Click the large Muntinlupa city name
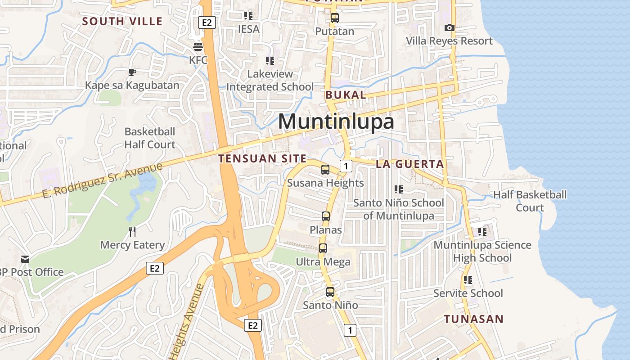pyautogui.click(x=336, y=121)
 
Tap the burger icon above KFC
pyautogui.click(x=198, y=46)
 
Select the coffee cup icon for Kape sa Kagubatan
pyautogui.click(x=132, y=72)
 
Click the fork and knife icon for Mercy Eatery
pyautogui.click(x=132, y=232)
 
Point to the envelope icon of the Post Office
pyautogui.click(x=25, y=259)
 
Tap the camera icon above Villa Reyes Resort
pyautogui.click(x=449, y=28)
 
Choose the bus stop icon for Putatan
pyautogui.click(x=334, y=18)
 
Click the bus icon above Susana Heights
pyautogui.click(x=325, y=170)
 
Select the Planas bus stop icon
pyautogui.click(x=326, y=216)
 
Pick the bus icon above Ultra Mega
pyautogui.click(x=323, y=248)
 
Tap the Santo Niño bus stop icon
pyautogui.click(x=330, y=292)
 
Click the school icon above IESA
pyautogui.click(x=248, y=16)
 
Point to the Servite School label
pyautogui.click(x=468, y=293)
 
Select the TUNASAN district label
pyautogui.click(x=474, y=319)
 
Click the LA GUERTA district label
pyautogui.click(x=410, y=164)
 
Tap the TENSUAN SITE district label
pyautogui.click(x=262, y=158)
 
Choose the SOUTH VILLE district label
pyautogui.click(x=122, y=21)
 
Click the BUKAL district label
pyautogui.click(x=346, y=95)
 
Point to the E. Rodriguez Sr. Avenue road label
pyautogui.click(x=102, y=180)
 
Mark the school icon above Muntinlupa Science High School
pyautogui.click(x=482, y=232)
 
